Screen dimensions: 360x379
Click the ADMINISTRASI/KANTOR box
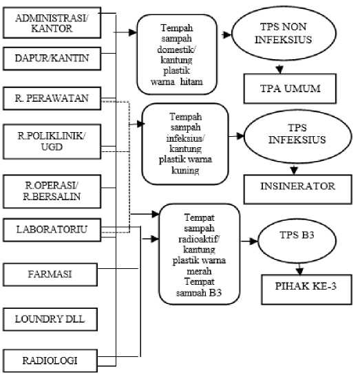(x=52, y=23)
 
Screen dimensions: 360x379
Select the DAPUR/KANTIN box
(x=52, y=58)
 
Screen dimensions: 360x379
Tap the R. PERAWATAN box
(x=52, y=98)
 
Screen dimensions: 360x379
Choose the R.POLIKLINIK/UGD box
(x=52, y=142)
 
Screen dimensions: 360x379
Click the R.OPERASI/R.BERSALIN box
(x=52, y=191)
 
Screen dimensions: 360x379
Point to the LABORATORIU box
(x=52, y=230)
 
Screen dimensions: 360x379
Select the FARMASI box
(x=50, y=274)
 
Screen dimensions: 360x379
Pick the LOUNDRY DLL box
(x=50, y=319)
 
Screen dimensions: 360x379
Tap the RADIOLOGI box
(x=50, y=360)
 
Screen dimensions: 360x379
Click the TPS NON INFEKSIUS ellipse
(x=284, y=33)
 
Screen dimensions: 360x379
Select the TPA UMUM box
(x=290, y=89)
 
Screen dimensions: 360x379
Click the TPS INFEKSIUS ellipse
(x=298, y=137)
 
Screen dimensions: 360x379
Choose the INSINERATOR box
(x=298, y=189)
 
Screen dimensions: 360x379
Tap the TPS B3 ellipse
(x=297, y=241)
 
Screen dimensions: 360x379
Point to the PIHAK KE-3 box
(x=306, y=290)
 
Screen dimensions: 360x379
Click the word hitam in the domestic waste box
(x=191, y=82)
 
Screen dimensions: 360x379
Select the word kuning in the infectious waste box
(x=185, y=171)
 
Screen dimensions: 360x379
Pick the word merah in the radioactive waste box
(x=199, y=271)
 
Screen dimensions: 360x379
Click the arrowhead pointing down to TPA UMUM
(x=279, y=69)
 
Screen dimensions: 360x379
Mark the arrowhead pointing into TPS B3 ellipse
(x=254, y=241)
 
